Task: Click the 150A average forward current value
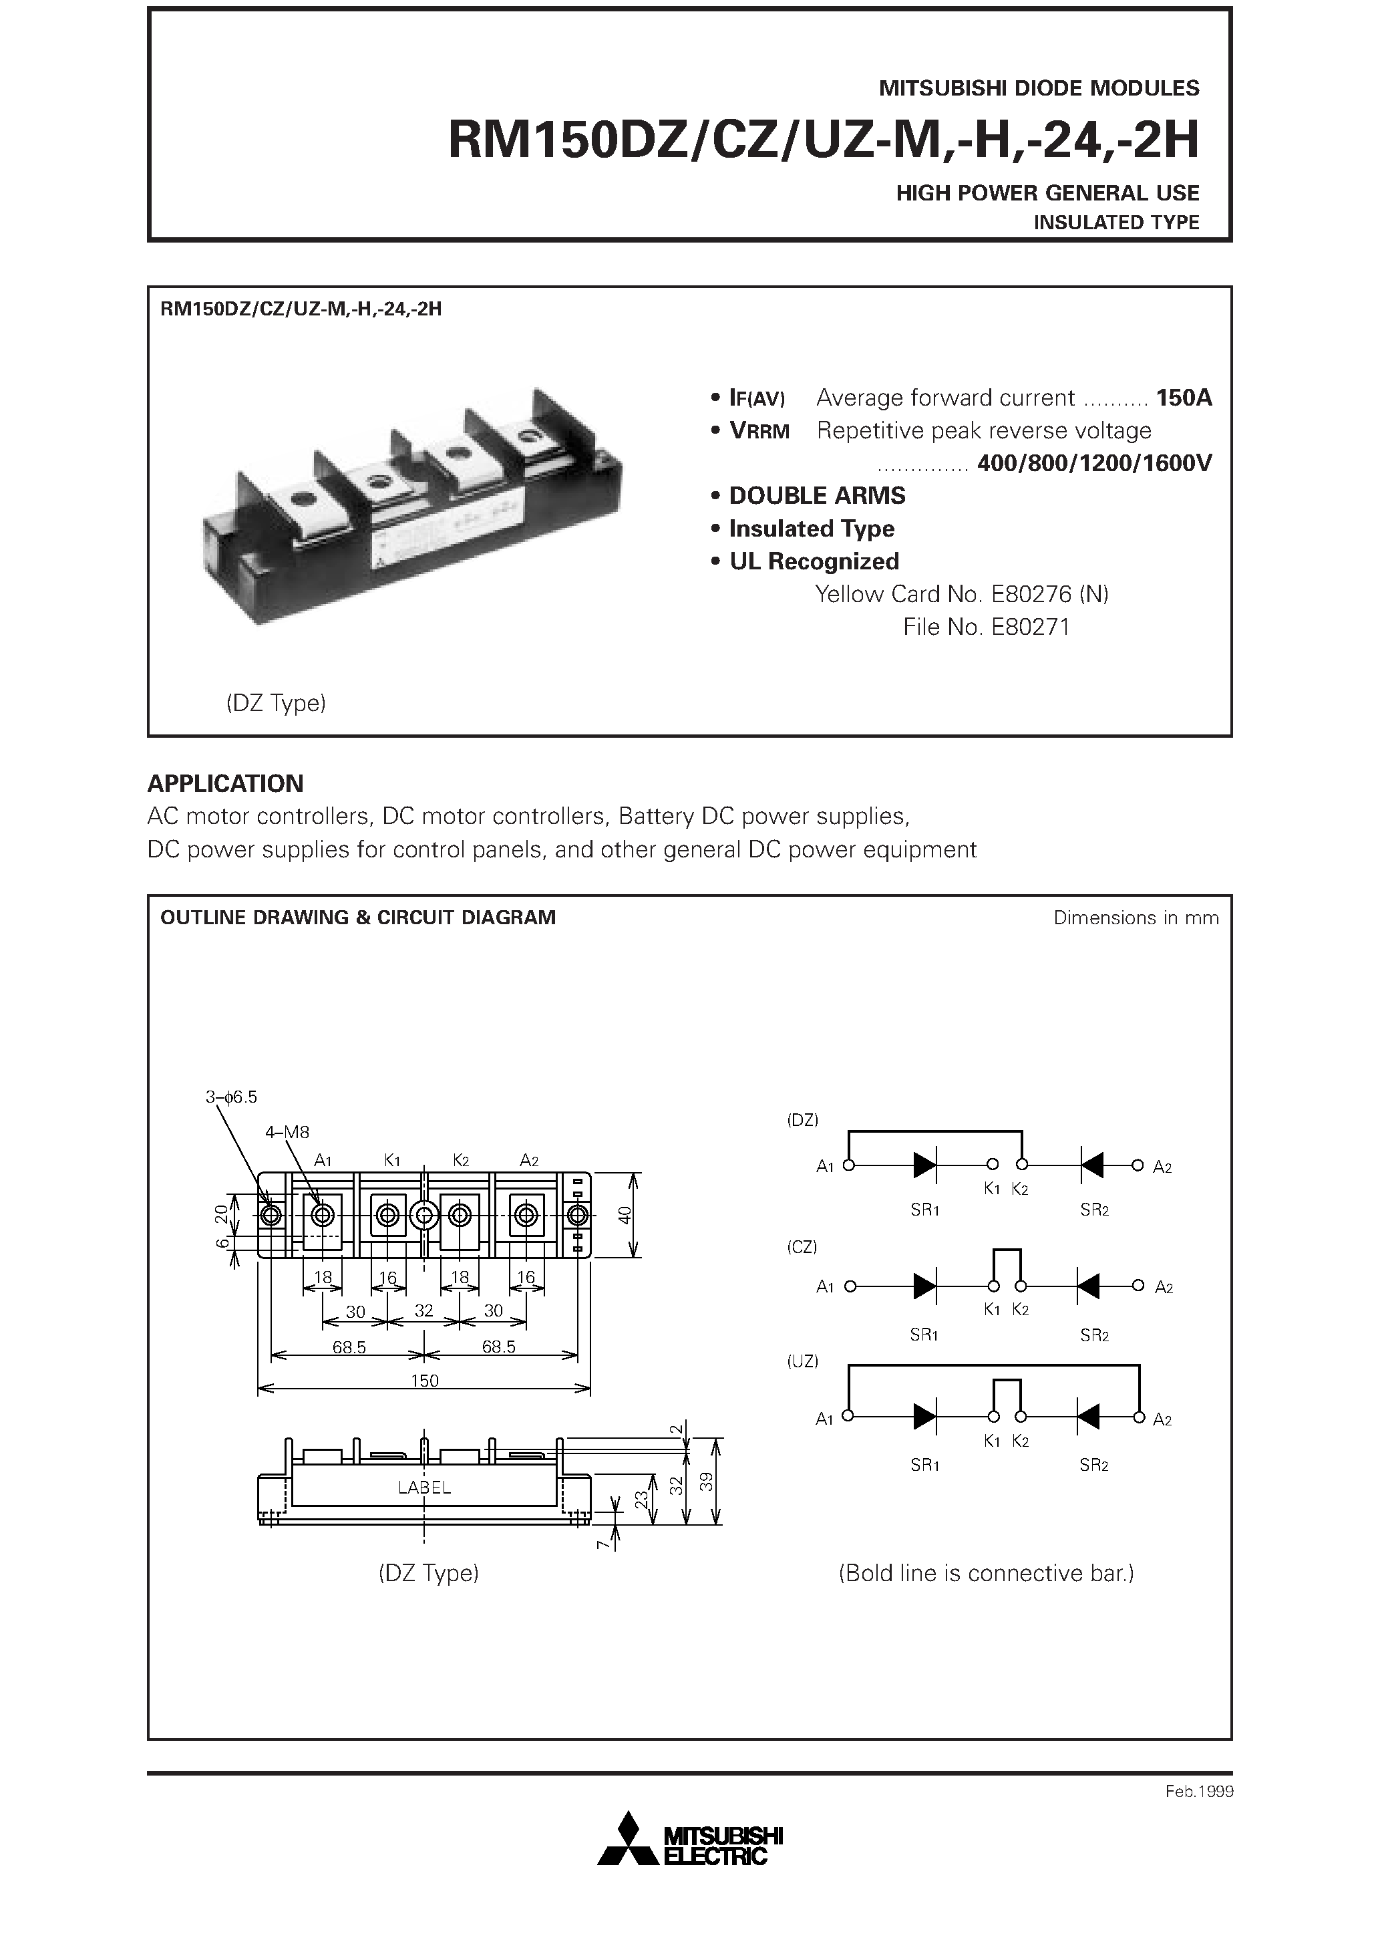[1184, 398]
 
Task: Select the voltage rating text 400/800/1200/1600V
[1094, 463]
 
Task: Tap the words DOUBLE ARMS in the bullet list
[817, 495]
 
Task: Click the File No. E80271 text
[986, 627]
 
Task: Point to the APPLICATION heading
[226, 783]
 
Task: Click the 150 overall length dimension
[425, 1381]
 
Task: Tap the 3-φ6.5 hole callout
[230, 1097]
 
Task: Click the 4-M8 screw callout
[288, 1132]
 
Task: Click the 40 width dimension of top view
[625, 1214]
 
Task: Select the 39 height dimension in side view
[706, 1482]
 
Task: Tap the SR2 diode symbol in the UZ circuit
[1088, 1417]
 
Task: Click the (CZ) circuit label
[802, 1247]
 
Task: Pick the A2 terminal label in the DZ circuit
[1162, 1167]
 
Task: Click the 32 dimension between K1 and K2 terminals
[423, 1311]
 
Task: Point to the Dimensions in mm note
[1136, 918]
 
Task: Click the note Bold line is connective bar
[986, 1572]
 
